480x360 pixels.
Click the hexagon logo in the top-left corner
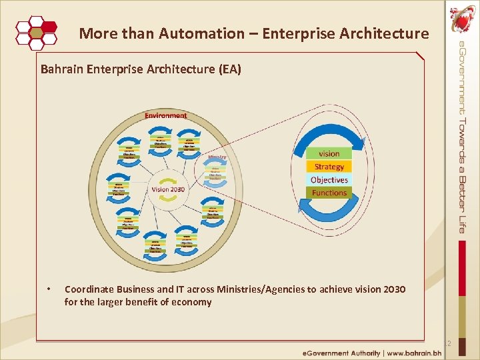(x=37, y=31)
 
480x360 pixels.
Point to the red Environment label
(x=166, y=115)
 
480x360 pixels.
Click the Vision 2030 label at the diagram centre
(x=168, y=189)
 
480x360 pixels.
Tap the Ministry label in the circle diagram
(x=217, y=157)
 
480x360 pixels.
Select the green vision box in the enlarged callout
(x=329, y=153)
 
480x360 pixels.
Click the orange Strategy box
(x=329, y=167)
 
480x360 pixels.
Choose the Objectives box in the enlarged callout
(x=329, y=180)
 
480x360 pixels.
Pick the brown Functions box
(x=329, y=193)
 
